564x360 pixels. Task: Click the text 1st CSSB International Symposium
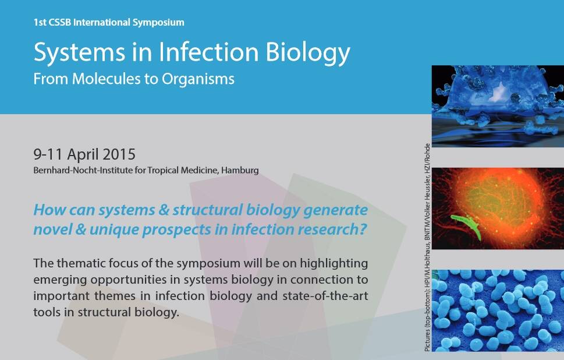point(109,22)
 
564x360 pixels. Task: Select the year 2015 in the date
point(119,154)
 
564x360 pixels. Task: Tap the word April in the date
point(83,155)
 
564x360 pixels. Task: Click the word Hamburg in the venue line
point(240,170)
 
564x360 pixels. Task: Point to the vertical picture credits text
point(427,248)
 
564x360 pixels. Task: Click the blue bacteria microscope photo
point(498,310)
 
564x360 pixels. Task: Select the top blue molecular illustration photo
point(498,106)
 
